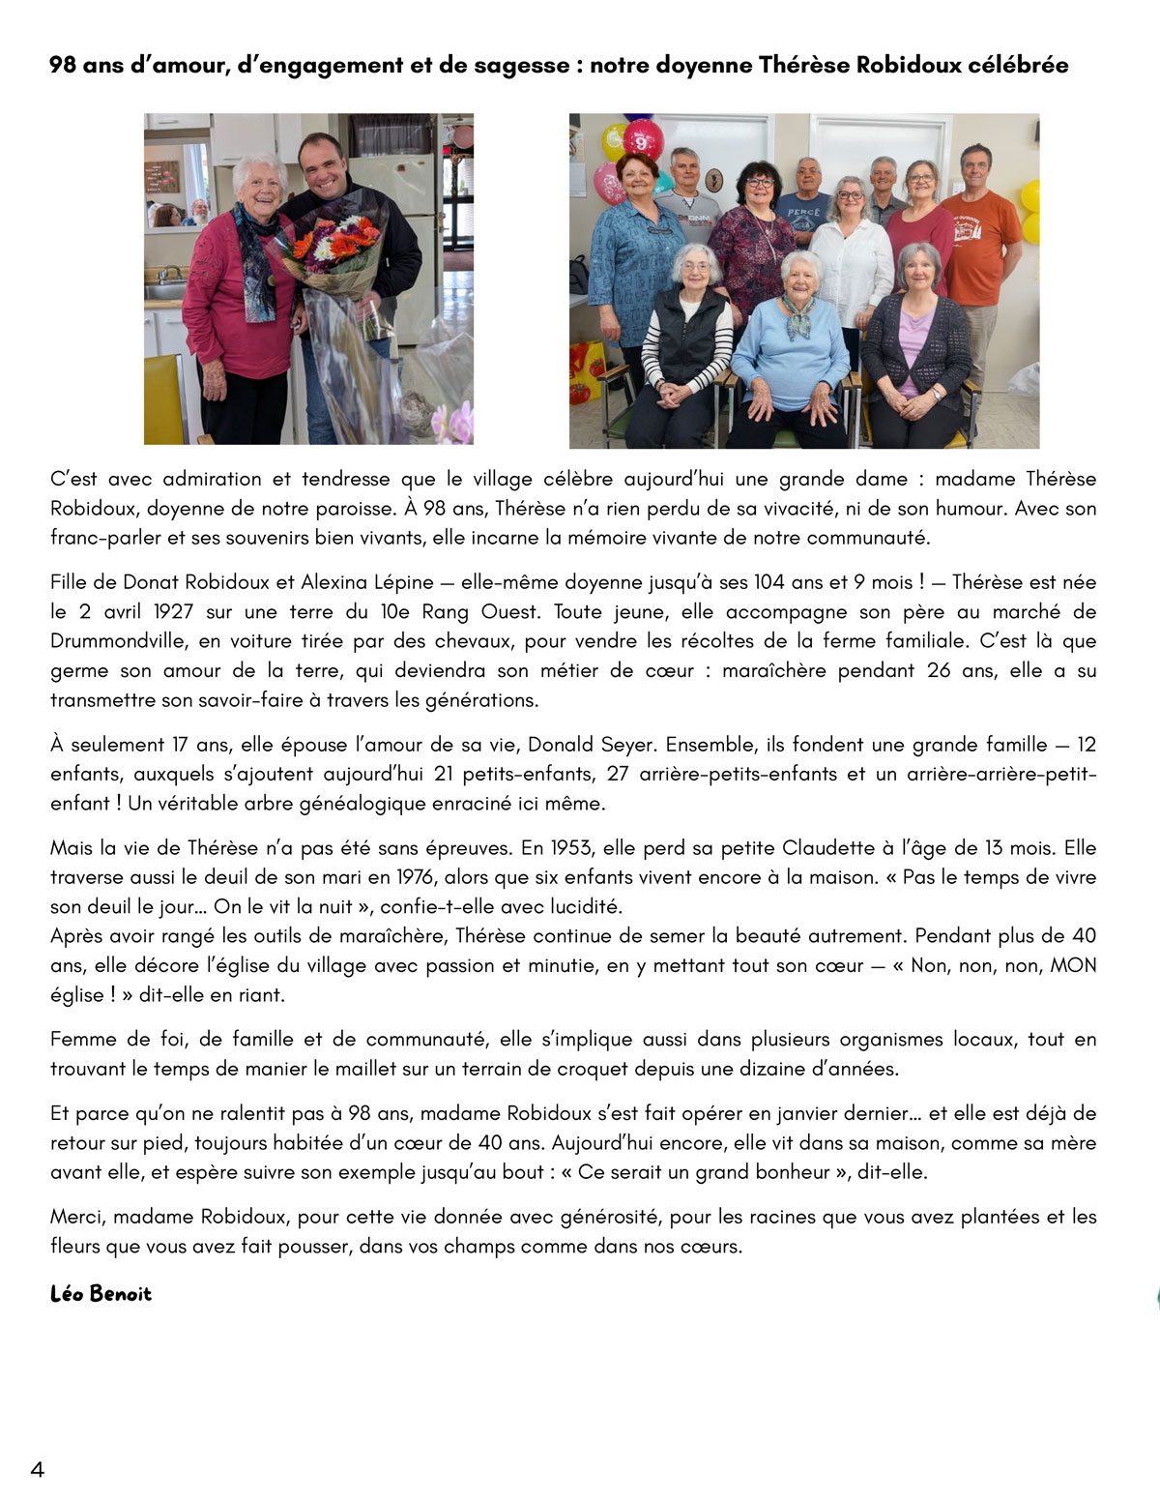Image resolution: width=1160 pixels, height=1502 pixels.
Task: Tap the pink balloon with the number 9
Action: coord(642,139)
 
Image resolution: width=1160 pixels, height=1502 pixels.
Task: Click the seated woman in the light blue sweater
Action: coord(791,348)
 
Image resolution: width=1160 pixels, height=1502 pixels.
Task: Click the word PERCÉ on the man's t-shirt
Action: coord(803,213)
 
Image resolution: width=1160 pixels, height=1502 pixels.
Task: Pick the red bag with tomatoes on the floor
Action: coord(586,372)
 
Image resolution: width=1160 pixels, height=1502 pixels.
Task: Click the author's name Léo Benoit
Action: coord(101,1294)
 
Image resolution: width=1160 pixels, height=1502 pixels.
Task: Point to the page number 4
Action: coord(38,1470)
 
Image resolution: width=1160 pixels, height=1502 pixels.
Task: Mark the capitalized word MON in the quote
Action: coord(1073,965)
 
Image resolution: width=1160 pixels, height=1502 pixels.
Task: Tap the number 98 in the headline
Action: coord(63,66)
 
